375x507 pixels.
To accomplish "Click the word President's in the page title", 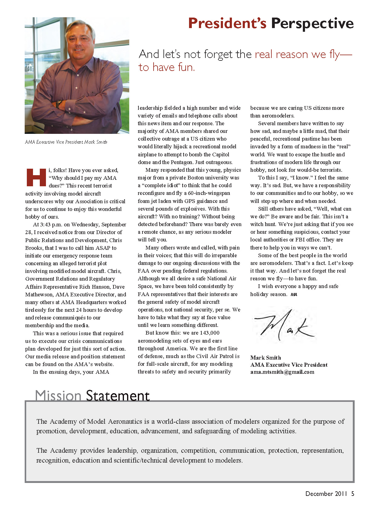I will click(x=227, y=24).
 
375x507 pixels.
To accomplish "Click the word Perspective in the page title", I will click(x=312, y=24).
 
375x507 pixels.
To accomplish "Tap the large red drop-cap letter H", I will click(x=36, y=178).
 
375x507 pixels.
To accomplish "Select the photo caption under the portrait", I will click(x=66, y=142).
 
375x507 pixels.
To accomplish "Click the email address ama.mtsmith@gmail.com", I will click(x=282, y=372).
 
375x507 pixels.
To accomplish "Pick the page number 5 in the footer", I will click(x=352, y=494).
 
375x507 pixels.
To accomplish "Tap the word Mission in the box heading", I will click(x=58, y=395).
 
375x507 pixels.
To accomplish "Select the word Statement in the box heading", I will click(x=118, y=395).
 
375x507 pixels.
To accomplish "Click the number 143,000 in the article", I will click(x=210, y=333).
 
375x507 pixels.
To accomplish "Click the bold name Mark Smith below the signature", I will click(x=266, y=358).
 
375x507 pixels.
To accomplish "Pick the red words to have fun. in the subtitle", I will click(x=167, y=67).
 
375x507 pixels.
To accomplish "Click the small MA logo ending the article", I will click(x=294, y=295).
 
